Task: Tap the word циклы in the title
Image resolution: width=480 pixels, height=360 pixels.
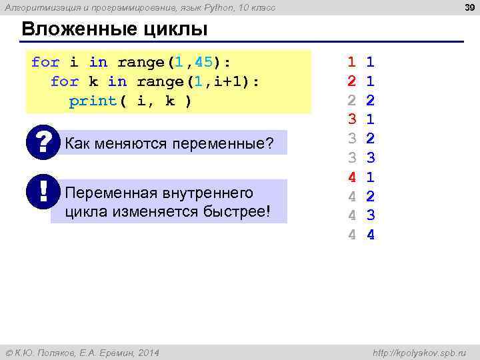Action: click(180, 31)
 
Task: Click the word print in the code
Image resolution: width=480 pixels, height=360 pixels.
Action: click(93, 101)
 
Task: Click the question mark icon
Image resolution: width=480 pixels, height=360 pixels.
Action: click(43, 142)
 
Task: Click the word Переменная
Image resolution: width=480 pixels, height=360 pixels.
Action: click(111, 193)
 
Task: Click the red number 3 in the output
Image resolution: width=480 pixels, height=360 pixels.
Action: click(351, 121)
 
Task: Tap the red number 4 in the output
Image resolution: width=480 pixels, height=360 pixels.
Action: click(351, 178)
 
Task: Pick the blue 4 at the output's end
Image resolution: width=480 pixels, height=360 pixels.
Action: click(371, 235)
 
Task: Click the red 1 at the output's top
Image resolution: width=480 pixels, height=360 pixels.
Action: click(351, 63)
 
